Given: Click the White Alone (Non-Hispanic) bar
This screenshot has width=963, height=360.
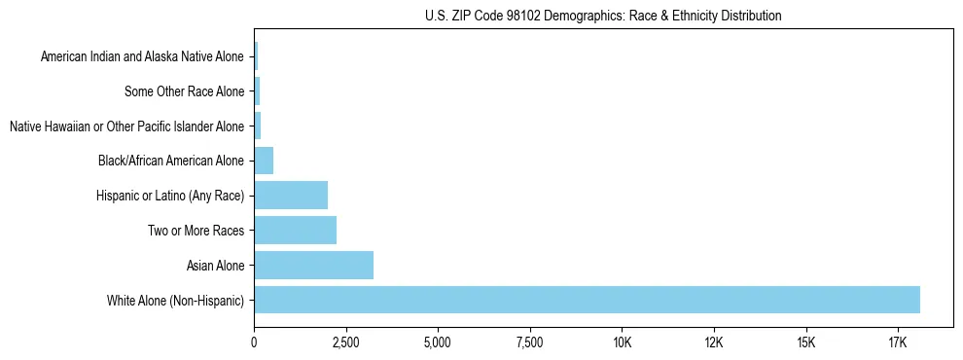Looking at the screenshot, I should click(x=587, y=300).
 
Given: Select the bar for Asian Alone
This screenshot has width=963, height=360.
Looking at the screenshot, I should click(x=313, y=265).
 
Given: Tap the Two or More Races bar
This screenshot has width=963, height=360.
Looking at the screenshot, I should click(x=295, y=231).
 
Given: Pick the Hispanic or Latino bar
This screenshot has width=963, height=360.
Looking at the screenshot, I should click(x=291, y=196).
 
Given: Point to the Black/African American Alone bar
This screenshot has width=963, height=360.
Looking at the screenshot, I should click(x=264, y=161).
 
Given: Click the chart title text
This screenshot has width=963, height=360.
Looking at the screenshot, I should click(x=603, y=16).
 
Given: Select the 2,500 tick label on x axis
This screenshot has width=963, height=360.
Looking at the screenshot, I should click(x=346, y=343).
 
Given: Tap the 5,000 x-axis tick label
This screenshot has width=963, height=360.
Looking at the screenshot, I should click(x=438, y=343).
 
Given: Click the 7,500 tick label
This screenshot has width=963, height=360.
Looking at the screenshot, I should click(x=530, y=343).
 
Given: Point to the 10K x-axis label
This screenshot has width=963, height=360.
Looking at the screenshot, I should click(x=623, y=343).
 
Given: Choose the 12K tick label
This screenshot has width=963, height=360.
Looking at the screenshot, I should click(x=714, y=343).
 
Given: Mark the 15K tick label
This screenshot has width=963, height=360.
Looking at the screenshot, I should click(x=806, y=343).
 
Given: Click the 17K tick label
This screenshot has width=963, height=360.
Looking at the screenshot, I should click(x=898, y=343).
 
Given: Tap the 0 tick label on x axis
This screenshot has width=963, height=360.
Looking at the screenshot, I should click(x=254, y=343).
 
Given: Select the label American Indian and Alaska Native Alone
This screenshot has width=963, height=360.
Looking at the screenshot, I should click(x=142, y=57).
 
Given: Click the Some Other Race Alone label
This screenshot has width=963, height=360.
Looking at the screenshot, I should click(x=185, y=92).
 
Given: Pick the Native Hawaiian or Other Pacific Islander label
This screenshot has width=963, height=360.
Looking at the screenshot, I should click(x=126, y=126).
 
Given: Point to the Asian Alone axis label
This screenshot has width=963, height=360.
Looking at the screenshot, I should click(x=215, y=266).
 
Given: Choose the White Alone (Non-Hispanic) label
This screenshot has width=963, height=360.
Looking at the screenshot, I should click(x=176, y=301).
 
